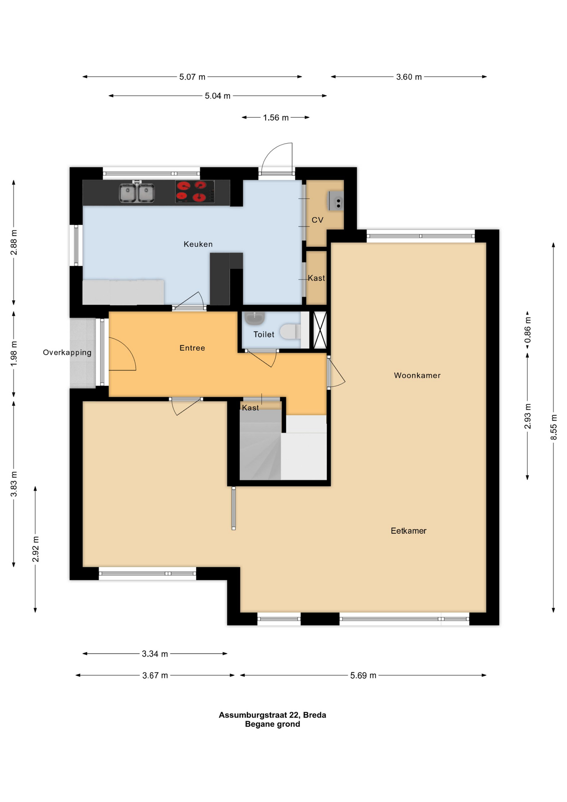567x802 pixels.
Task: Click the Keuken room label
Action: click(x=198, y=244)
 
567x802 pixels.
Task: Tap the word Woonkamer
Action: click(x=417, y=375)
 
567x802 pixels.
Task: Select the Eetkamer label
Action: click(x=408, y=530)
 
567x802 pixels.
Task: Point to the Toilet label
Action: click(x=264, y=334)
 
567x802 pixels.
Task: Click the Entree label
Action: click(x=192, y=348)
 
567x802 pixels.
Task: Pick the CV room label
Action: click(x=317, y=220)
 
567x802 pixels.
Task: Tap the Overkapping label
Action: click(x=67, y=353)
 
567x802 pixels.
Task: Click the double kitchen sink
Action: click(x=137, y=193)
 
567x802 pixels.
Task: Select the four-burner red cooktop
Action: click(x=195, y=191)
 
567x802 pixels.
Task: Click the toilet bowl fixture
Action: click(x=290, y=332)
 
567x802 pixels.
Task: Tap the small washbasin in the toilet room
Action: click(x=254, y=318)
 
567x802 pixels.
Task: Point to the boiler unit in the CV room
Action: click(x=336, y=200)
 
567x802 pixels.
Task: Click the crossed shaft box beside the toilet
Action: click(x=320, y=330)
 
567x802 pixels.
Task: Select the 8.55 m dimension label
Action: click(x=554, y=426)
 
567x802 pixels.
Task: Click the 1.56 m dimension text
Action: click(x=276, y=118)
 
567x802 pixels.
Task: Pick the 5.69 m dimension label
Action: click(x=363, y=675)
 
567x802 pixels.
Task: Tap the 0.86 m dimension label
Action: click(x=528, y=329)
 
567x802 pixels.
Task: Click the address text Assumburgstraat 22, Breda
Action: click(x=272, y=715)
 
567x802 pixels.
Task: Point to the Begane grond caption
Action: click(x=272, y=724)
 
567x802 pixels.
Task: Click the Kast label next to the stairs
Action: click(x=251, y=408)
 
